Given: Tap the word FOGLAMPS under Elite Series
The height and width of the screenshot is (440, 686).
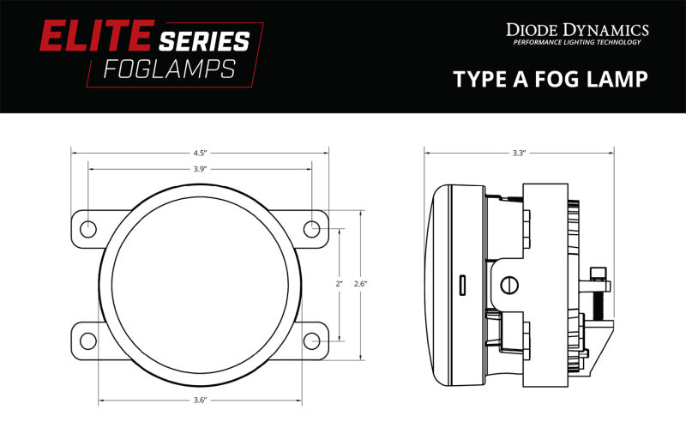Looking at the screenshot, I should [168, 69].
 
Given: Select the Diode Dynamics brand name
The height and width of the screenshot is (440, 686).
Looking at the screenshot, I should [577, 30].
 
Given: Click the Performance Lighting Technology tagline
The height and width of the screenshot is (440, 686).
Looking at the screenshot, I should [576, 43].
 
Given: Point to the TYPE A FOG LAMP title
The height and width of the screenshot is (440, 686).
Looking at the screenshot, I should [550, 80].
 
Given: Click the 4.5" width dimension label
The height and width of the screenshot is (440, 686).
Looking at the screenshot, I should [200, 153].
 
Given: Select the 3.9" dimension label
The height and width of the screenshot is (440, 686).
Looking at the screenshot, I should [200, 169].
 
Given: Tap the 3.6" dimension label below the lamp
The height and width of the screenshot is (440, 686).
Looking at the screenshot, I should [200, 399].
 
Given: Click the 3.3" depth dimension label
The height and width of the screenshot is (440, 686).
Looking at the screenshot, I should [519, 153].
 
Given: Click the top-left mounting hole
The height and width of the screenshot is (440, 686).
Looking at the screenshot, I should [88, 228].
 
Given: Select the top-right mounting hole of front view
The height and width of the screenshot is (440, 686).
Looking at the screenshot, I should [312, 228].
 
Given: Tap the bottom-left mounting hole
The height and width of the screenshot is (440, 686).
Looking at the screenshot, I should [88, 340].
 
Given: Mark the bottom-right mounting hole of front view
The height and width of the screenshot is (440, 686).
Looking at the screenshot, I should [312, 340].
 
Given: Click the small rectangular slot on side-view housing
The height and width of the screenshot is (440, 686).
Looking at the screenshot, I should [462, 284].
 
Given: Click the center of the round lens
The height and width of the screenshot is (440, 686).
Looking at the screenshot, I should [200, 284].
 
